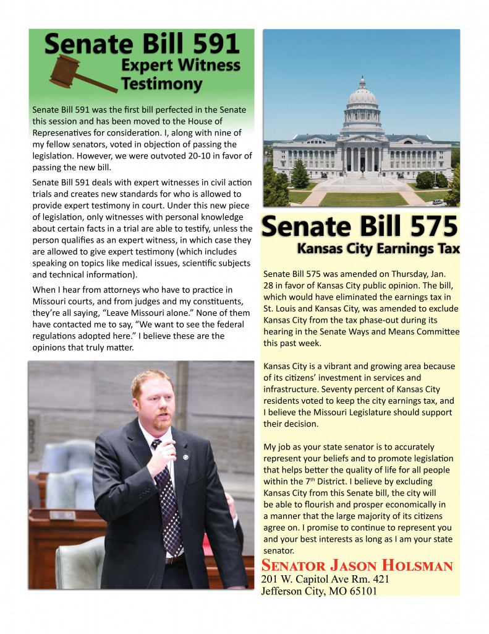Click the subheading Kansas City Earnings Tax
(378, 249)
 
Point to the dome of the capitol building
(362, 97)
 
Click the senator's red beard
(162, 422)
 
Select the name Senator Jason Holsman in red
(357, 566)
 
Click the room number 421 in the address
(376, 580)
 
